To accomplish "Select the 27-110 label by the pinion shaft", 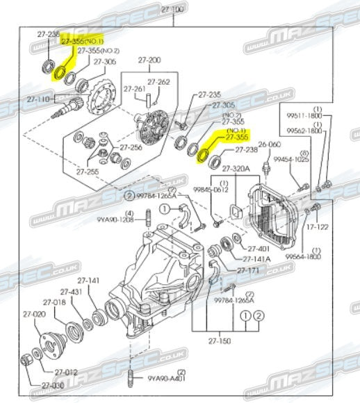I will (38, 99).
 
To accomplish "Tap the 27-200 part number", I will (150, 60).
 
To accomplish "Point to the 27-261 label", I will (134, 89).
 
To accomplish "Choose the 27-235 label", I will (209, 94).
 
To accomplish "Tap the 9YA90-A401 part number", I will (169, 379).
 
